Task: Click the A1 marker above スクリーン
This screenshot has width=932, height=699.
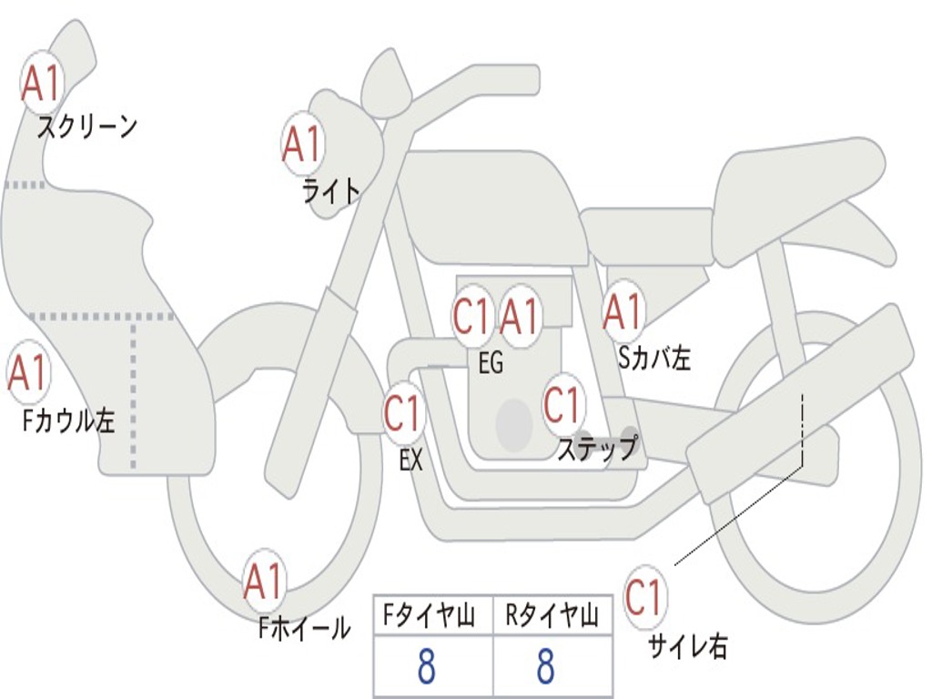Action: click(x=41, y=85)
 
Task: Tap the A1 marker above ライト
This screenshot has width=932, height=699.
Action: click(x=303, y=144)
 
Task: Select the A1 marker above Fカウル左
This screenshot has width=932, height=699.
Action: click(x=27, y=372)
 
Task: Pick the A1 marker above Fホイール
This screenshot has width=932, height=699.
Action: click(x=263, y=582)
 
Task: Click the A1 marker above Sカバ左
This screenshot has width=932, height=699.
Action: click(x=623, y=311)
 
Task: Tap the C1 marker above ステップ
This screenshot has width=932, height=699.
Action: click(x=562, y=405)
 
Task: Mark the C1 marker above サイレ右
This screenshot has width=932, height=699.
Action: click(x=644, y=597)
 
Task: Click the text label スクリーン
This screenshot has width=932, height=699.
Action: click(x=87, y=127)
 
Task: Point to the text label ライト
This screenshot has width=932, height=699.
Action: click(x=331, y=191)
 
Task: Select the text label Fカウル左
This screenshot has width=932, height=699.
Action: click(x=68, y=420)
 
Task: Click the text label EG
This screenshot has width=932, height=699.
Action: click(x=491, y=362)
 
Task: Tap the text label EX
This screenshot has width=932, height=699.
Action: click(x=410, y=460)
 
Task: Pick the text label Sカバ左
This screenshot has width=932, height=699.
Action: click(x=653, y=358)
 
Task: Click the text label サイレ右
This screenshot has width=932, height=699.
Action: click(x=688, y=646)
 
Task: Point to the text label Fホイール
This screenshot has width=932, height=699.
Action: click(x=304, y=628)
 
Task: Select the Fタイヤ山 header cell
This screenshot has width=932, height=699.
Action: click(x=433, y=615)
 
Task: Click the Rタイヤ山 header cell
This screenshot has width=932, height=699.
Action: click(x=552, y=615)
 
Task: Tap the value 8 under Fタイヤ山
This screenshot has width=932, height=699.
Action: click(x=426, y=666)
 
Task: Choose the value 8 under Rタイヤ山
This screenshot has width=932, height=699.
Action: click(x=546, y=666)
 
